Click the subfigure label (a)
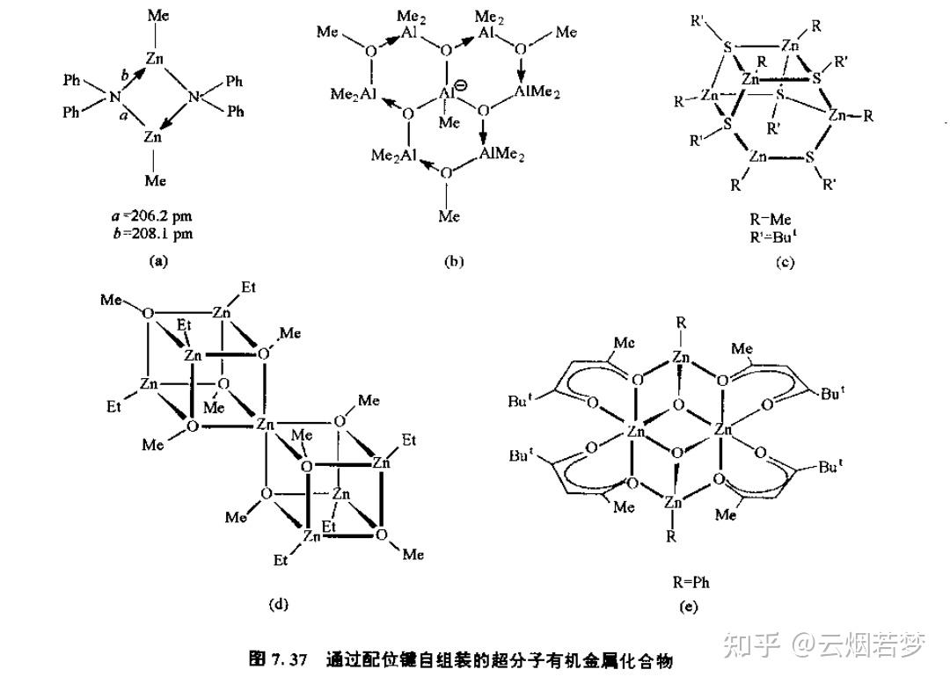coord(158,260)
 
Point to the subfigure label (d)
coord(278,603)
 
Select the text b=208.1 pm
coord(158,234)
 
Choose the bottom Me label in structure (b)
coord(449,215)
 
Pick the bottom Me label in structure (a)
coord(157,180)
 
